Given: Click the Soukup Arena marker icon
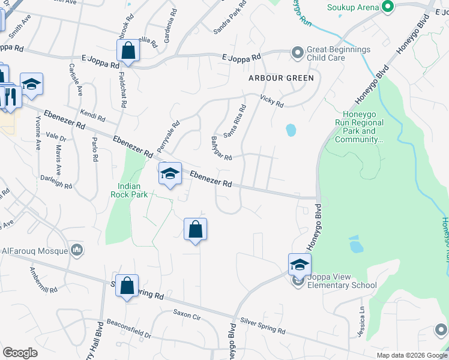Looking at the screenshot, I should pos(388,7).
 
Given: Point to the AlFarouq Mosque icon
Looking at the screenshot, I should pos(77,250).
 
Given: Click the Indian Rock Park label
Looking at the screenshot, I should pos(125,190).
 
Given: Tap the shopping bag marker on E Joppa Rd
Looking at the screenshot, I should pos(128,51).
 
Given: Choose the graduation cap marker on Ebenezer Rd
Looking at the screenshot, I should pos(170,175).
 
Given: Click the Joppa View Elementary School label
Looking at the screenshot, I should pos(340,281).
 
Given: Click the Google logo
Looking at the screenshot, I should pos(20,353).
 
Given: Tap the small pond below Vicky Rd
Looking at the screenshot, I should pos(291,130).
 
